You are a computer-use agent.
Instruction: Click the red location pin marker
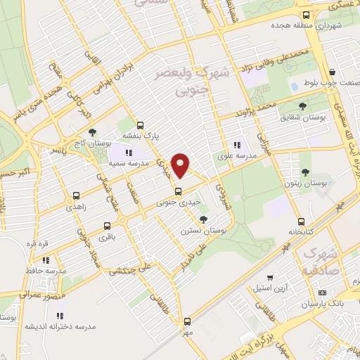click(181, 164)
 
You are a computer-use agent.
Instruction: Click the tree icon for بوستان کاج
click(92, 131)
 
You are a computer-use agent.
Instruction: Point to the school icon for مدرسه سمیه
click(128, 153)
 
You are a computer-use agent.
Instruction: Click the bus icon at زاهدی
click(76, 196)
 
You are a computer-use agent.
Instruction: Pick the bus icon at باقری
click(107, 226)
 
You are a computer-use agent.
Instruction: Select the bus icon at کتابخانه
click(301, 221)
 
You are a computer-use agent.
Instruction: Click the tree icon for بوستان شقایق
click(302, 106)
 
